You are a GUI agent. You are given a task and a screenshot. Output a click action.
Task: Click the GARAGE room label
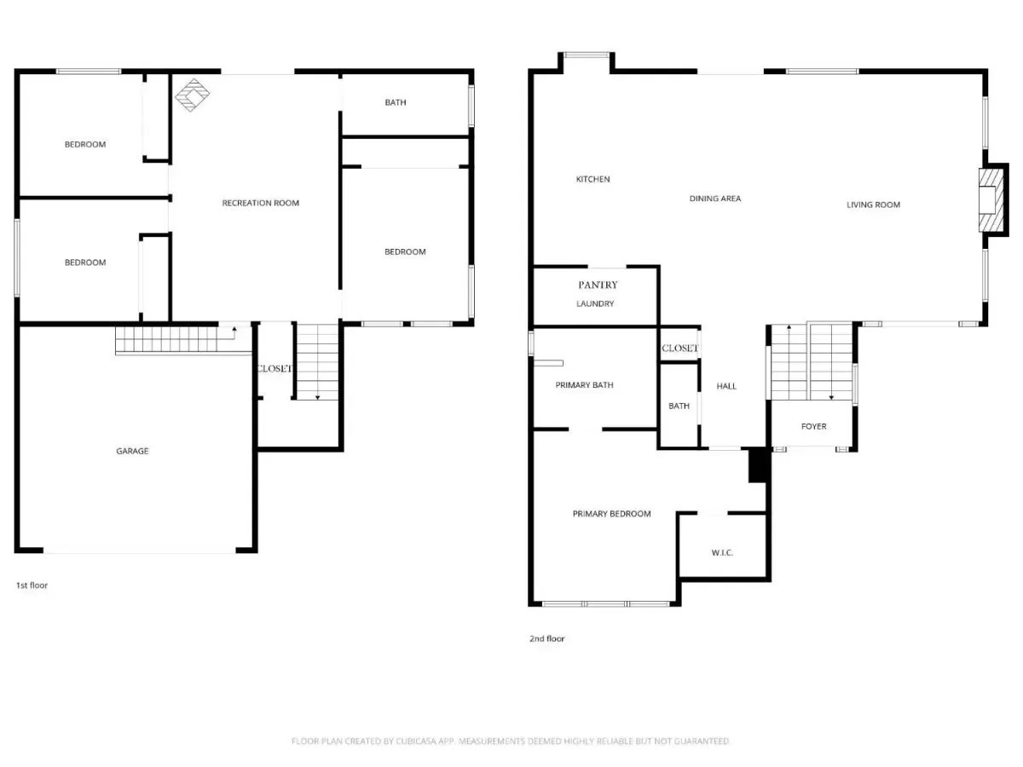pyautogui.click(x=132, y=451)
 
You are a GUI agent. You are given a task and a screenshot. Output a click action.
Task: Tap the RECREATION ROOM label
pyautogui.click(x=260, y=203)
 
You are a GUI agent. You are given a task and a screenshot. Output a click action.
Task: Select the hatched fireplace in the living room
pyautogui.click(x=991, y=199)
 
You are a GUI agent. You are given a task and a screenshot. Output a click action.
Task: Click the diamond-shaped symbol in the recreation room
pyautogui.click(x=192, y=95)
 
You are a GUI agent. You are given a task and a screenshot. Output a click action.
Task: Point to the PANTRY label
pyautogui.click(x=598, y=285)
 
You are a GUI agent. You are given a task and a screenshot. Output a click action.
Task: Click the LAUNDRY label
pyautogui.click(x=595, y=303)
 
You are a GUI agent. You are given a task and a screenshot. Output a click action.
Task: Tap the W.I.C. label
pyautogui.click(x=722, y=553)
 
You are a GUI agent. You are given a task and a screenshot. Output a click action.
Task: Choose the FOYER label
pyautogui.click(x=813, y=426)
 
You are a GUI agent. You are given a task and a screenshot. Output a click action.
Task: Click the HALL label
pyautogui.click(x=726, y=386)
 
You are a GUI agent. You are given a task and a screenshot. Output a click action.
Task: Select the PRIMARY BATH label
pyautogui.click(x=584, y=385)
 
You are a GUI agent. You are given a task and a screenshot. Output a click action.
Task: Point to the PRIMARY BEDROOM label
pyautogui.click(x=611, y=514)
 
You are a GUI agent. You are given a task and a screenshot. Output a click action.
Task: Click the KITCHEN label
pyautogui.click(x=592, y=179)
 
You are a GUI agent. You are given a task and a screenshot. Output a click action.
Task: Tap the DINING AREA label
pyautogui.click(x=715, y=199)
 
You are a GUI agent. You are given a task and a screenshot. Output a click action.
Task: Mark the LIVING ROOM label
pyautogui.click(x=873, y=205)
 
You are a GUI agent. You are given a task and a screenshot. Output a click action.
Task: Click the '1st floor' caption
pyautogui.click(x=32, y=585)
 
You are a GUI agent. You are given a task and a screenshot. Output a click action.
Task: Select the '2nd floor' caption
pyautogui.click(x=546, y=639)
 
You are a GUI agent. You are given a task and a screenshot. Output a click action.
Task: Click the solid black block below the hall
pyautogui.click(x=757, y=464)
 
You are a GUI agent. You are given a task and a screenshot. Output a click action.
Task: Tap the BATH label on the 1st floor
pyautogui.click(x=396, y=102)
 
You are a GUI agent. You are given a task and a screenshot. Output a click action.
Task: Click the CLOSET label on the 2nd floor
pyautogui.click(x=679, y=348)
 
